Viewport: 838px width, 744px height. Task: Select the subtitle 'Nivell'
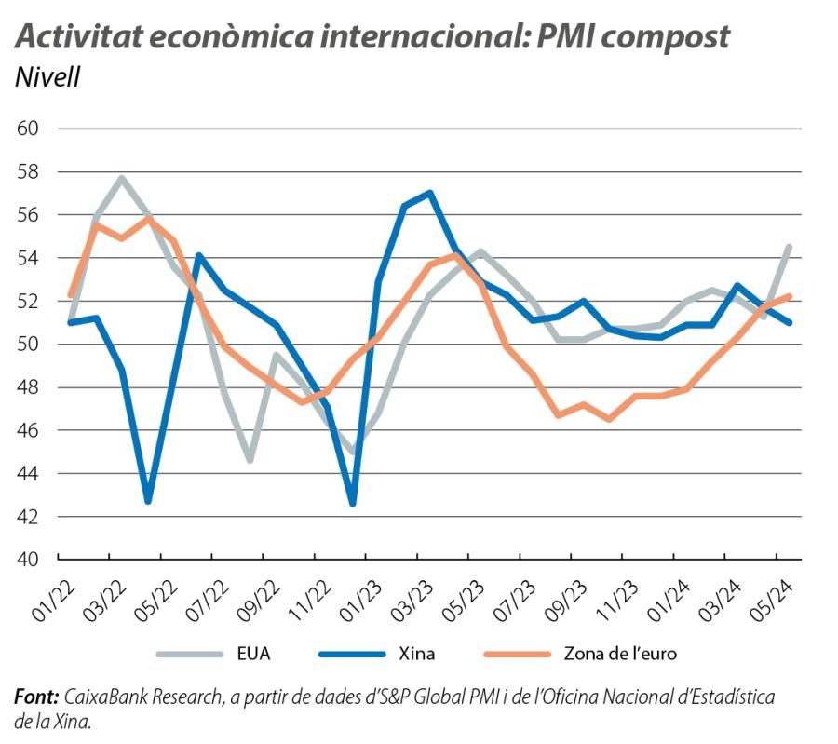tap(47, 77)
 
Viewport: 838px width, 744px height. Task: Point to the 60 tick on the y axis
tap(29, 129)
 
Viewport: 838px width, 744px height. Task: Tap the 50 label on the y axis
tap(29, 345)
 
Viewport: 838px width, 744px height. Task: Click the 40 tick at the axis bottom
tap(29, 560)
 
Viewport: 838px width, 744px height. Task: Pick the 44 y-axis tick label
tap(29, 474)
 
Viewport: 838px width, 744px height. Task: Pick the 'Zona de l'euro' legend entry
tap(619, 654)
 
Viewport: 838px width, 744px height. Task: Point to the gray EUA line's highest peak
tap(122, 178)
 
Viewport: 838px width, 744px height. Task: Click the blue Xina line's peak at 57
tap(429, 193)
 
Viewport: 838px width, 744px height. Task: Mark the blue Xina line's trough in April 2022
tap(148, 501)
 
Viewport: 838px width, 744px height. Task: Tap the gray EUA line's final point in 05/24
tap(790, 247)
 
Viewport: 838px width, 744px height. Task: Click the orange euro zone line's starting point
tap(71, 295)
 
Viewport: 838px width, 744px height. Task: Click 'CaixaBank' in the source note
tap(104, 697)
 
